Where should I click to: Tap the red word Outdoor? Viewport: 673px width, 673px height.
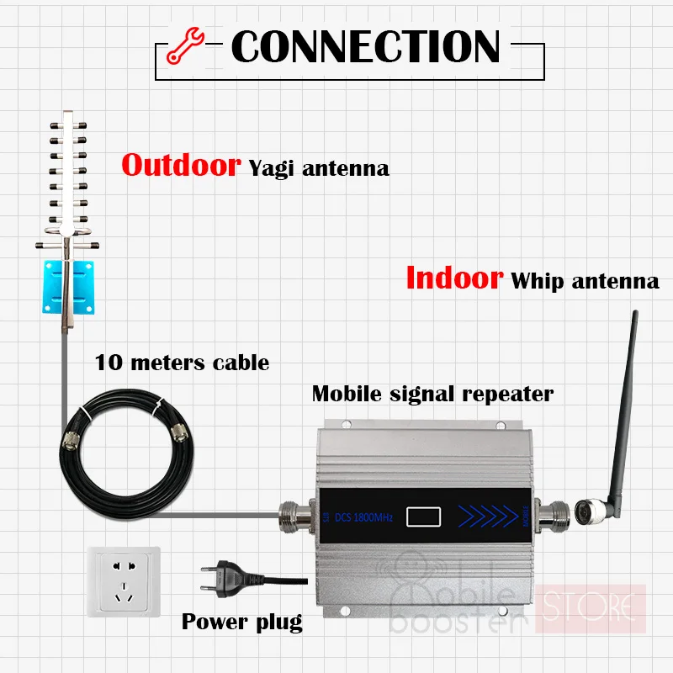(181, 165)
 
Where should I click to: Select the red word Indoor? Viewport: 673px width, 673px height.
(453, 277)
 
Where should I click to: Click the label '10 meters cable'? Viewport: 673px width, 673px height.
(182, 363)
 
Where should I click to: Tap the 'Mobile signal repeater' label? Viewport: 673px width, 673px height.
(432, 393)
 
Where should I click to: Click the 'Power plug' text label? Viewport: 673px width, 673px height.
(241, 623)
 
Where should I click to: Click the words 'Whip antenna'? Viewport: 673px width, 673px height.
(586, 280)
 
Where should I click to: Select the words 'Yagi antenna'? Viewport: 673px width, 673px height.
(319, 168)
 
